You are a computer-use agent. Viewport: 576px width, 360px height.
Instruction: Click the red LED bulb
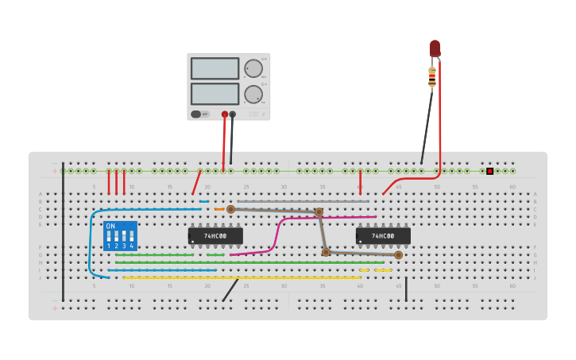click(x=435, y=48)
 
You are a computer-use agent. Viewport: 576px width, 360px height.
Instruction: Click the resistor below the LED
click(x=432, y=77)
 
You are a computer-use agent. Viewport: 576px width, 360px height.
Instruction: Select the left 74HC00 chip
click(x=215, y=236)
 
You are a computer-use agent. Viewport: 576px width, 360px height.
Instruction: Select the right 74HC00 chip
click(x=383, y=236)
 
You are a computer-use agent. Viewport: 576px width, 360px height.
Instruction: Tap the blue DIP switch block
click(x=120, y=236)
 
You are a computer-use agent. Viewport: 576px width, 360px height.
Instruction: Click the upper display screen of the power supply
click(x=215, y=68)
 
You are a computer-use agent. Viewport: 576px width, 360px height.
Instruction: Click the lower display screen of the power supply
click(x=215, y=94)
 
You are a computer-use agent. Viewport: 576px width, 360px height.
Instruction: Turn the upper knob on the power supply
click(x=253, y=68)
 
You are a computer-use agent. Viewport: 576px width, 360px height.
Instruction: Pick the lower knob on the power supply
click(x=253, y=95)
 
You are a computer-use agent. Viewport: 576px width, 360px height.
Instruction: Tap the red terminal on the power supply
click(x=225, y=114)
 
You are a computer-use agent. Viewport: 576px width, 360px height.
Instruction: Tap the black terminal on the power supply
click(x=233, y=114)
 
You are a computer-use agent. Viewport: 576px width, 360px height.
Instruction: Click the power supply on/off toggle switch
click(x=196, y=114)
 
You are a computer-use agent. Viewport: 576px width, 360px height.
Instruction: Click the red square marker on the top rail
click(x=490, y=171)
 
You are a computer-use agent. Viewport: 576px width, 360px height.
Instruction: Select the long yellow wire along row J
click(x=238, y=277)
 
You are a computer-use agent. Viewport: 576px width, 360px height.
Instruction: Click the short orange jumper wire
click(x=219, y=209)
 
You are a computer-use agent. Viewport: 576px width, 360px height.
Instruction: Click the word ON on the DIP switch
click(x=110, y=226)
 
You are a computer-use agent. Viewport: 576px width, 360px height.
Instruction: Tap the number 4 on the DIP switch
click(x=132, y=246)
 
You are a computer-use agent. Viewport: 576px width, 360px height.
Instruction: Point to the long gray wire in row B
click(x=302, y=202)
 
